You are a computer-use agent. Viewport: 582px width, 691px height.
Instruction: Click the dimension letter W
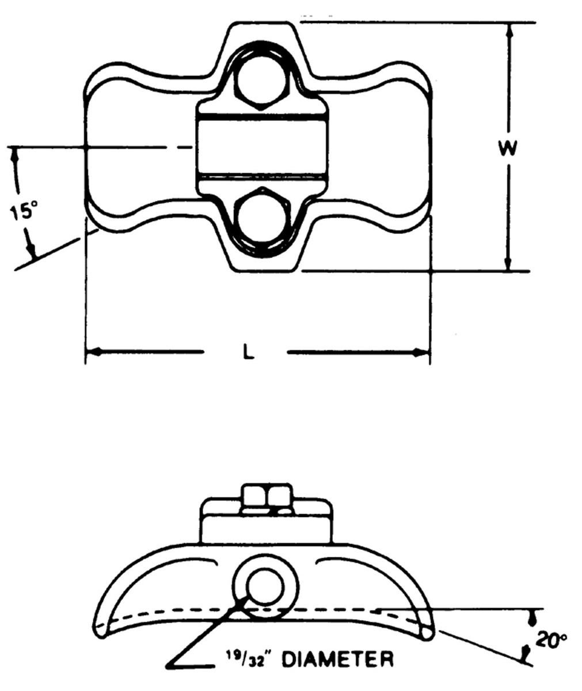click(x=508, y=149)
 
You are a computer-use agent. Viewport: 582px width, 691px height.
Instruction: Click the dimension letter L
click(x=248, y=352)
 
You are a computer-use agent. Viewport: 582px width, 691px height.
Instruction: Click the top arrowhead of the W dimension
click(x=508, y=30)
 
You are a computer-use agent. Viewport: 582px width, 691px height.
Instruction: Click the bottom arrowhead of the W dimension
click(x=508, y=263)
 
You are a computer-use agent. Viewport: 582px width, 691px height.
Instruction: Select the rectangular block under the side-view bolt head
click(x=266, y=527)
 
